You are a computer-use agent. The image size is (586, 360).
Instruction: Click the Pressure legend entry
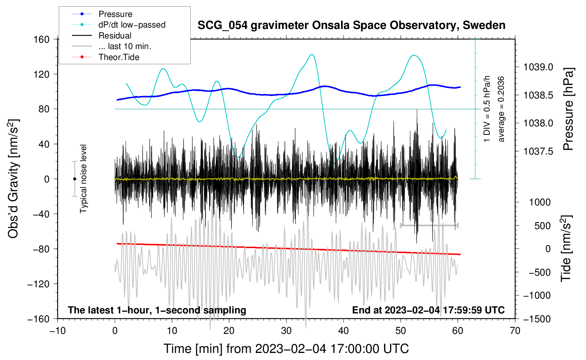tap(115, 14)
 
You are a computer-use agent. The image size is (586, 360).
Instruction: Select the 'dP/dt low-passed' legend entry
tap(132, 25)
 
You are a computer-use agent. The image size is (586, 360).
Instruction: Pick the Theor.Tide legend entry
tap(119, 57)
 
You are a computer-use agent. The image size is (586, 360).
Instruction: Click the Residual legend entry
tap(115, 36)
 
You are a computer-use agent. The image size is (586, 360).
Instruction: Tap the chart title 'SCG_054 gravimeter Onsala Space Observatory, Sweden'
tap(351, 25)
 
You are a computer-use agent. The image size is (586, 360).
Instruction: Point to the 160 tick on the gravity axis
tap(42, 39)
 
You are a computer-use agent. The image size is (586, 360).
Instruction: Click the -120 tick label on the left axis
tap(39, 284)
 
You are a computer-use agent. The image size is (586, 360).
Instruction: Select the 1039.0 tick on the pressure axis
tap(538, 67)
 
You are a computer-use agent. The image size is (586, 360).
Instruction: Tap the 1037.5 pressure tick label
tap(538, 151)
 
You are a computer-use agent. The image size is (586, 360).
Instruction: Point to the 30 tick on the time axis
tap(286, 331)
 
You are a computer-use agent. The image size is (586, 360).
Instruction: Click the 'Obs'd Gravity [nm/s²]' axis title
tap(13, 179)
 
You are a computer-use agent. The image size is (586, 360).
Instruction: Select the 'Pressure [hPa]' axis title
tap(568, 109)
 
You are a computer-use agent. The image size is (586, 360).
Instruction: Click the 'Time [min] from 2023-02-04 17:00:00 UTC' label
tap(286, 349)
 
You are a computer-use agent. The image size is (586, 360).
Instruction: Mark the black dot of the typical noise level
tap(74, 179)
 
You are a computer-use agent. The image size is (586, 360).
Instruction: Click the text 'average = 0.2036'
tap(501, 109)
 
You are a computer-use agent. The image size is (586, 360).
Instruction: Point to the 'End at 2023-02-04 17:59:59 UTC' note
tap(428, 310)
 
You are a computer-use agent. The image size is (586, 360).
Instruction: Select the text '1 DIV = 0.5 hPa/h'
tap(487, 109)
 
